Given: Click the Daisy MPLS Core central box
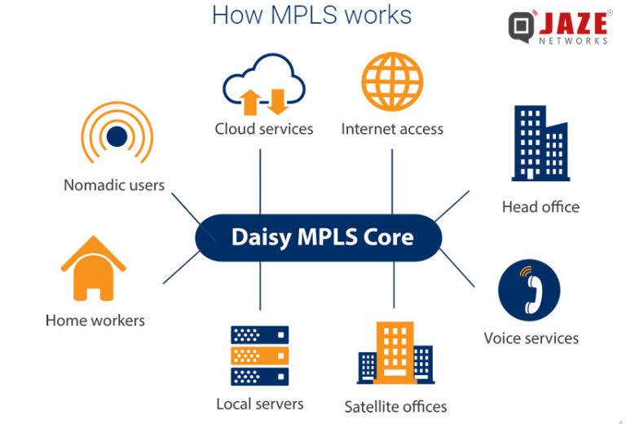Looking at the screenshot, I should click(318, 237).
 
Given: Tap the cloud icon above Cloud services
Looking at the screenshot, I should click(263, 84).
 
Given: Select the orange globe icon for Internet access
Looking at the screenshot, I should click(391, 82).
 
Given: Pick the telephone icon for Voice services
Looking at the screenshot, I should click(529, 290).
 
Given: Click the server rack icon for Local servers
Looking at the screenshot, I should click(259, 356).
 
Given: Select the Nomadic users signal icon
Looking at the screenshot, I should click(117, 135).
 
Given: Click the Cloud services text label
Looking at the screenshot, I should click(263, 129).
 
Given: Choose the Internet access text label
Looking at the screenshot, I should click(392, 129).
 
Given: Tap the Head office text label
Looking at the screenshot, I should click(540, 207).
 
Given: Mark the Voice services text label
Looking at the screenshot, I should click(531, 338).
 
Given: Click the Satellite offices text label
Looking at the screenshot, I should click(395, 406).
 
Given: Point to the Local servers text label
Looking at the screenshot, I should click(259, 404).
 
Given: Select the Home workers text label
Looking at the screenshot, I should click(95, 320).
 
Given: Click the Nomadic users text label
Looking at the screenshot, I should click(114, 185).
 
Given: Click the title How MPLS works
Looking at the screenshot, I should click(311, 15).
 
